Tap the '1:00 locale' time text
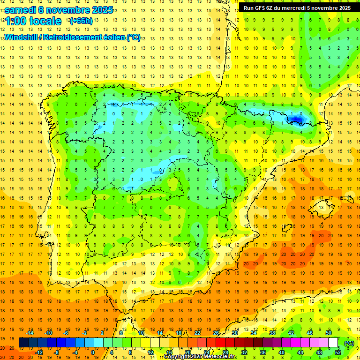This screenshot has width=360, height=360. click(33, 21)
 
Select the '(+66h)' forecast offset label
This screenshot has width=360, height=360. click(81, 21)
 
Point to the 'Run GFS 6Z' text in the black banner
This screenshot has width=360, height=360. click(259, 8)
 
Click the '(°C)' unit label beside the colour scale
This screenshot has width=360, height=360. click(349, 343)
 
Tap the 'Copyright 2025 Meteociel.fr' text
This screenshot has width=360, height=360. click(200, 357)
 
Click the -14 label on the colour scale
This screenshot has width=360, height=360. click(30, 333)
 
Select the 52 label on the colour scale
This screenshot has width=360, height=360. click(337, 352)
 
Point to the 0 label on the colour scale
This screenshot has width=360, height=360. click(93, 352)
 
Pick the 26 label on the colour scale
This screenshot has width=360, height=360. click(216, 333)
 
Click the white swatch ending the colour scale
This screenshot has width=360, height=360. click(333, 343)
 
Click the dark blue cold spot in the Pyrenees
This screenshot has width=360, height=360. click(296, 119)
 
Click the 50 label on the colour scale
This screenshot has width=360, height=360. click(329, 333)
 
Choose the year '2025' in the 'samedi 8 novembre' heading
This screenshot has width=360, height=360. click(99, 10)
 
